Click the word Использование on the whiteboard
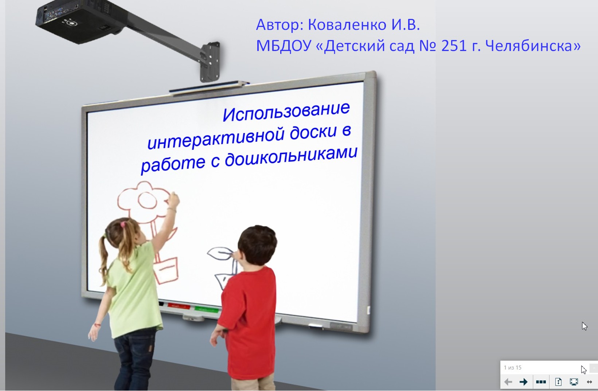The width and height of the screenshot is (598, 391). tap(286, 112)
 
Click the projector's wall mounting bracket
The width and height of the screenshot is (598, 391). tap(210, 62)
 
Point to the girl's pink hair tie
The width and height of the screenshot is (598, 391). tap(123, 224)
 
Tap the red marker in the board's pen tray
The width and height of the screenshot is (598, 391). tap(179, 306)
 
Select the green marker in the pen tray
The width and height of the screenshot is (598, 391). tap(206, 309)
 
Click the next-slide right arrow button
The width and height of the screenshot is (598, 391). tap(524, 382)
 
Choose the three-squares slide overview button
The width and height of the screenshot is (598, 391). tap(541, 382)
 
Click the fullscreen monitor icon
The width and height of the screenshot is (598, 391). tap(574, 382)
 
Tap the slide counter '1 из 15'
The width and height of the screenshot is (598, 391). tap(512, 368)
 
